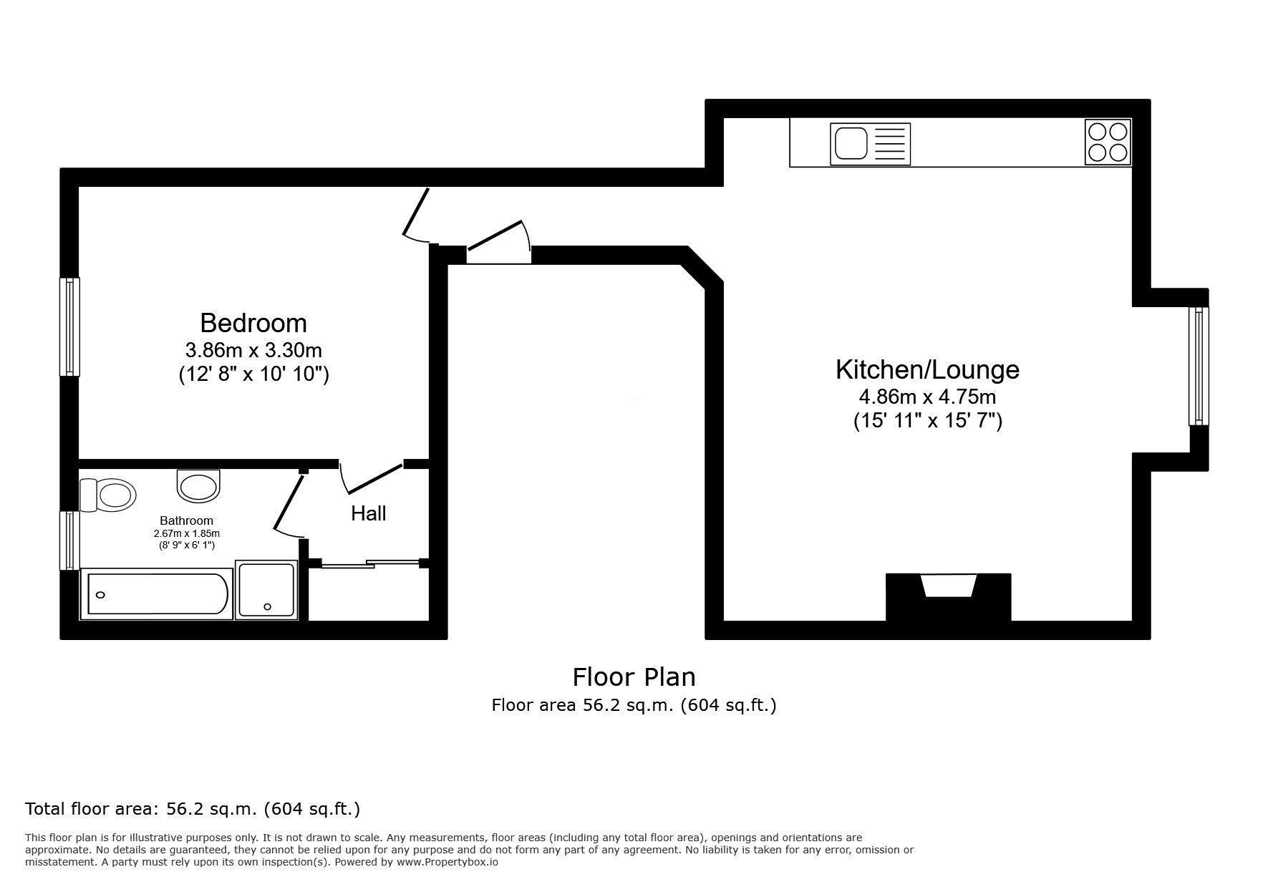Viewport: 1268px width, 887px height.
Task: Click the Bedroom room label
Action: (253, 323)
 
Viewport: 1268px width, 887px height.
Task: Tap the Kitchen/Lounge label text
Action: (927, 369)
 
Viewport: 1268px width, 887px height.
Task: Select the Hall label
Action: (368, 513)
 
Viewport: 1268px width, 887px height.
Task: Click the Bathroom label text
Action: (186, 520)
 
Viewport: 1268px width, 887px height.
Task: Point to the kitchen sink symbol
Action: (870, 144)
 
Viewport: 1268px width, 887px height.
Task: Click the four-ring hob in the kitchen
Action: (1108, 142)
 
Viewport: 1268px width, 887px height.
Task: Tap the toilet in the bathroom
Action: (109, 495)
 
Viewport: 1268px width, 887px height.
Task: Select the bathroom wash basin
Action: (198, 485)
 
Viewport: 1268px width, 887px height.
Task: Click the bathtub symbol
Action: (157, 594)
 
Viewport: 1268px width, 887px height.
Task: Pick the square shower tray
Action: (266, 589)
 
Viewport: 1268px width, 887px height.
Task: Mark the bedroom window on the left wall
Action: (69, 326)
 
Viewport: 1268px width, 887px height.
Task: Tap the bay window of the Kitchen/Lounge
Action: (1198, 366)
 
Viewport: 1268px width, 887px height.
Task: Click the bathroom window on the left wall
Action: (69, 540)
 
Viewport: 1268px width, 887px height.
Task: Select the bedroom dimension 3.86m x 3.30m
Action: (253, 350)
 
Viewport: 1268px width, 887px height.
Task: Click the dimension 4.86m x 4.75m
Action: (927, 396)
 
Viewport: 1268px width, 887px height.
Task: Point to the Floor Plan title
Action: (634, 677)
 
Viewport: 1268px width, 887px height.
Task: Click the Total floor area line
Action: (193, 809)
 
